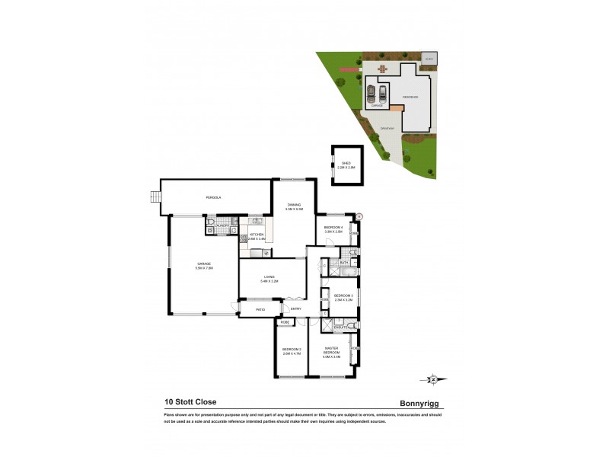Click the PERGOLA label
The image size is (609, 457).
pyautogui.click(x=213, y=198)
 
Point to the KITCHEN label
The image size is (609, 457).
pyautogui.click(x=257, y=236)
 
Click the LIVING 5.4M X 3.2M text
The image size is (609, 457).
pyautogui.click(x=269, y=279)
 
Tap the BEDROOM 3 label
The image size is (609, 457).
pyautogui.click(x=343, y=297)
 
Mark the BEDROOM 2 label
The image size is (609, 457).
pyautogui.click(x=292, y=351)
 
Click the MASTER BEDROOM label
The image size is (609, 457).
pyautogui.click(x=330, y=353)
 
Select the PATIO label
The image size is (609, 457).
pyautogui.click(x=260, y=309)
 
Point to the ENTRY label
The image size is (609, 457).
pyautogui.click(x=296, y=308)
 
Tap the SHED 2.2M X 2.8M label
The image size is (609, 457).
pyautogui.click(x=346, y=165)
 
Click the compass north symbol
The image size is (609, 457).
pyautogui.click(x=433, y=379)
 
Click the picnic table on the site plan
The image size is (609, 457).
pyautogui.click(x=382, y=69)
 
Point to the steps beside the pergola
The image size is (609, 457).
pyautogui.click(x=155, y=197)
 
